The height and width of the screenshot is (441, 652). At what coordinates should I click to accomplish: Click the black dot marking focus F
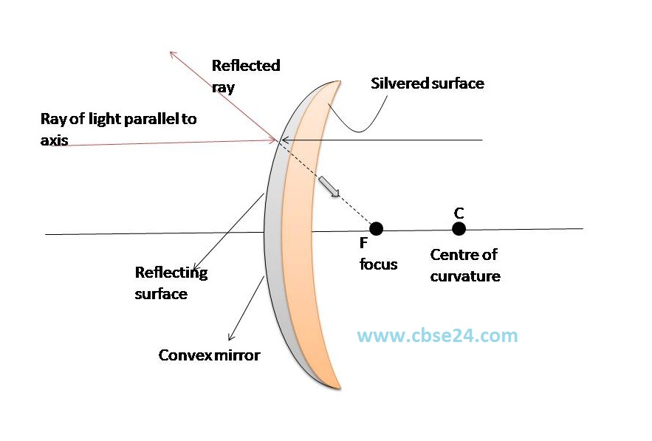click(376, 228)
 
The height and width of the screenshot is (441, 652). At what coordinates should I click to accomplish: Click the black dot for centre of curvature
click(459, 228)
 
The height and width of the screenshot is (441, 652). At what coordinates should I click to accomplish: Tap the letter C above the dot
click(459, 213)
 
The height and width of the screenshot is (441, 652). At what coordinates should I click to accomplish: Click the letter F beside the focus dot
click(363, 242)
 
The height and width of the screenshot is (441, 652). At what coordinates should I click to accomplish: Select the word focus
click(379, 264)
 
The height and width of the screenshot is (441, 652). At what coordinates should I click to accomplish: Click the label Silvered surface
click(427, 83)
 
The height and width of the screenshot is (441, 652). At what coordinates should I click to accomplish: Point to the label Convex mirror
click(209, 355)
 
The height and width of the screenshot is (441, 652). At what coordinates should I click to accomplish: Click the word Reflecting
click(171, 273)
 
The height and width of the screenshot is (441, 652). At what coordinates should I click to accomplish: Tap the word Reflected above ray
click(246, 65)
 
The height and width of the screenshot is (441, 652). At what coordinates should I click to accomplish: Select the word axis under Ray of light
click(54, 139)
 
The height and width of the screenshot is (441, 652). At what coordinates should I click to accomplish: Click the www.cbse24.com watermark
click(437, 335)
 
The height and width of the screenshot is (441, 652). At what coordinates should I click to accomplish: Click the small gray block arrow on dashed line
click(330, 188)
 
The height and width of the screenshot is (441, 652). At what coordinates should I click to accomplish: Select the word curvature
click(465, 276)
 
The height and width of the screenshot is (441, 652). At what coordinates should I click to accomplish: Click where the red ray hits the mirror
click(278, 139)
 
